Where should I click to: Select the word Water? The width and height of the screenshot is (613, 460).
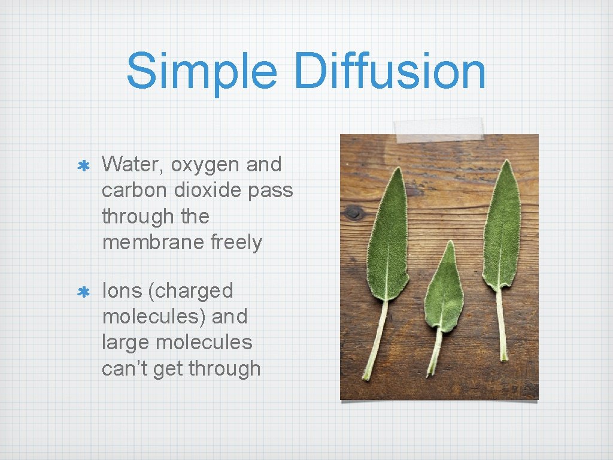[133, 164]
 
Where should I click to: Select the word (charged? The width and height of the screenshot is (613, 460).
[193, 291]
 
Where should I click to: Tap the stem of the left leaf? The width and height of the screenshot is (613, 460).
[375, 338]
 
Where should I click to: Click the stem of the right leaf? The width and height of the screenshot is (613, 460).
[500, 326]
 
